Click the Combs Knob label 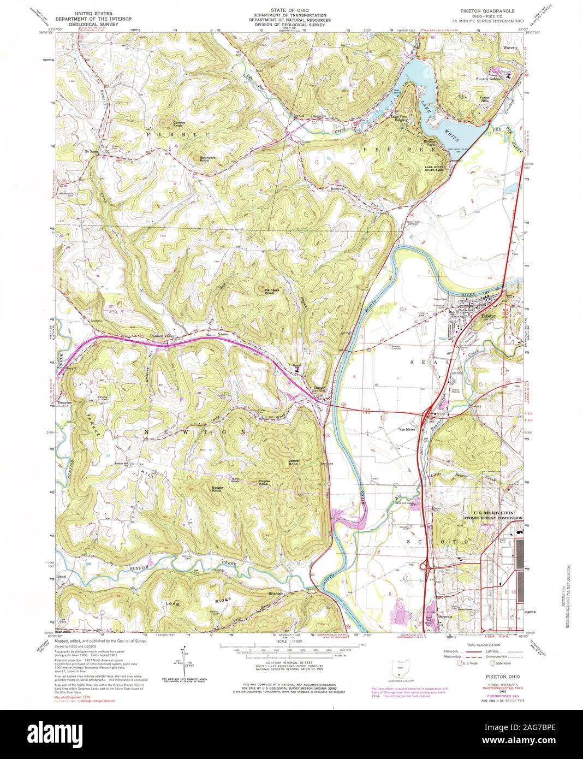[164, 123]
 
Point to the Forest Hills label [484, 100]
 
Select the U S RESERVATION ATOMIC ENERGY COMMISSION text [493, 515]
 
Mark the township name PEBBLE [169, 134]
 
